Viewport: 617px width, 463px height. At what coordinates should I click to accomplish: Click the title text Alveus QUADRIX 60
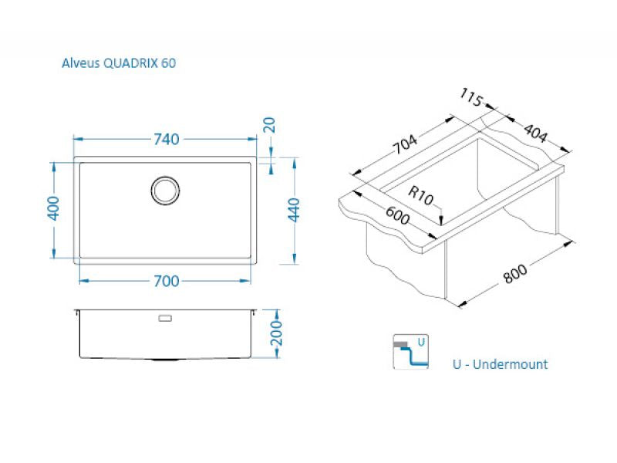tap(119, 63)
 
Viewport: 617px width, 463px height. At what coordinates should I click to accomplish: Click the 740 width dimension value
tap(166, 139)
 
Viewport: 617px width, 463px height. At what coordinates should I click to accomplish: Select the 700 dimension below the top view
tap(166, 281)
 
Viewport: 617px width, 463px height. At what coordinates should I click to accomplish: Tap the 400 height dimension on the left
tap(53, 209)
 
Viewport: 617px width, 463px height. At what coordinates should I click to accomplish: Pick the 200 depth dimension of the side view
tap(278, 333)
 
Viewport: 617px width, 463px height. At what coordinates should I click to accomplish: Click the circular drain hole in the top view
tap(166, 191)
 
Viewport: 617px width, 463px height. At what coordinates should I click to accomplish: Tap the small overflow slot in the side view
tap(166, 317)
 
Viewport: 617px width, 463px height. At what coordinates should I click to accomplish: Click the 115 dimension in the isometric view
tap(471, 98)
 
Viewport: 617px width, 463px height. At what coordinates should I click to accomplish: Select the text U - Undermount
tap(501, 364)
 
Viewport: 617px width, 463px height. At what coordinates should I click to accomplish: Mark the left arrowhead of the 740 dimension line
tap(75, 139)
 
